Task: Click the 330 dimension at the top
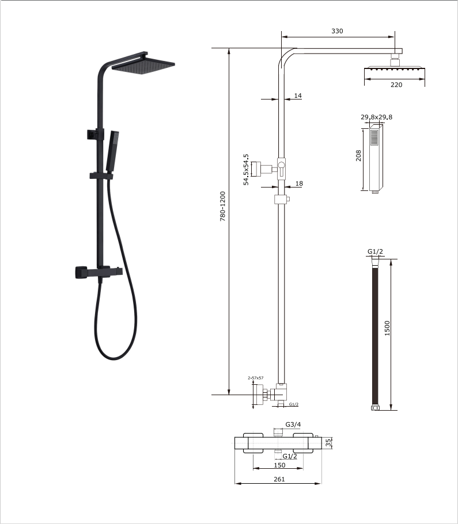tap(337, 31)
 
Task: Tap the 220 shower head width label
tap(396, 85)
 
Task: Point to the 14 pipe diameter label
tap(297, 95)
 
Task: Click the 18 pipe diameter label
tap(298, 183)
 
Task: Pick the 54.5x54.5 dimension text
tap(246, 169)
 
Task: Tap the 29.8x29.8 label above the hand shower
tap(377, 117)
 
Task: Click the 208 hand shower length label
tap(358, 156)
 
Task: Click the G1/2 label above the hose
tap(376, 252)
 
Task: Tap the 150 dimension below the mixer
tap(280, 465)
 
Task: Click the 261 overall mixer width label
tap(279, 480)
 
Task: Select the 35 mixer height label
tap(329, 443)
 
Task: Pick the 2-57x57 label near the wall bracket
tap(255, 378)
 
